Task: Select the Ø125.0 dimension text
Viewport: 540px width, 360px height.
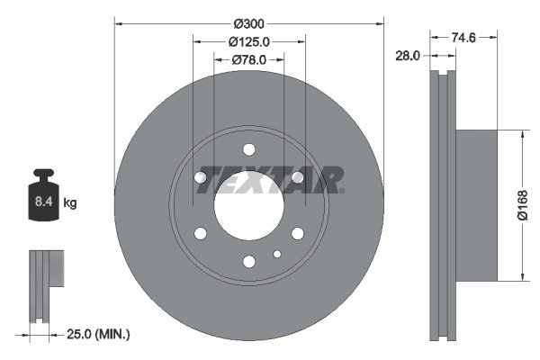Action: point(249,40)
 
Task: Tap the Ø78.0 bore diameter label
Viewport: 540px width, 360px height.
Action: point(249,59)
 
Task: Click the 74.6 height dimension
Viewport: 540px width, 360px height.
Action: point(463,38)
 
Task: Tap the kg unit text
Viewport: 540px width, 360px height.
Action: point(70,203)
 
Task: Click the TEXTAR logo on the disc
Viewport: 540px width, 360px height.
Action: point(270,178)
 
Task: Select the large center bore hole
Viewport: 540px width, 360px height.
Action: point(248,205)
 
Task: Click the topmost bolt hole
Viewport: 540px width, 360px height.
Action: point(249,149)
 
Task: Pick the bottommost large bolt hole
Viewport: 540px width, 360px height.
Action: point(249,261)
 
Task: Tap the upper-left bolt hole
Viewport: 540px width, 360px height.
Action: point(201,177)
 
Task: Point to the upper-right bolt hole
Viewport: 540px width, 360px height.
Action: point(297,177)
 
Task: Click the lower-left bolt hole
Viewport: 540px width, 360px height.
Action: point(201,233)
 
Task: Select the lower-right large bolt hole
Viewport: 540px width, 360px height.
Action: point(297,233)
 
